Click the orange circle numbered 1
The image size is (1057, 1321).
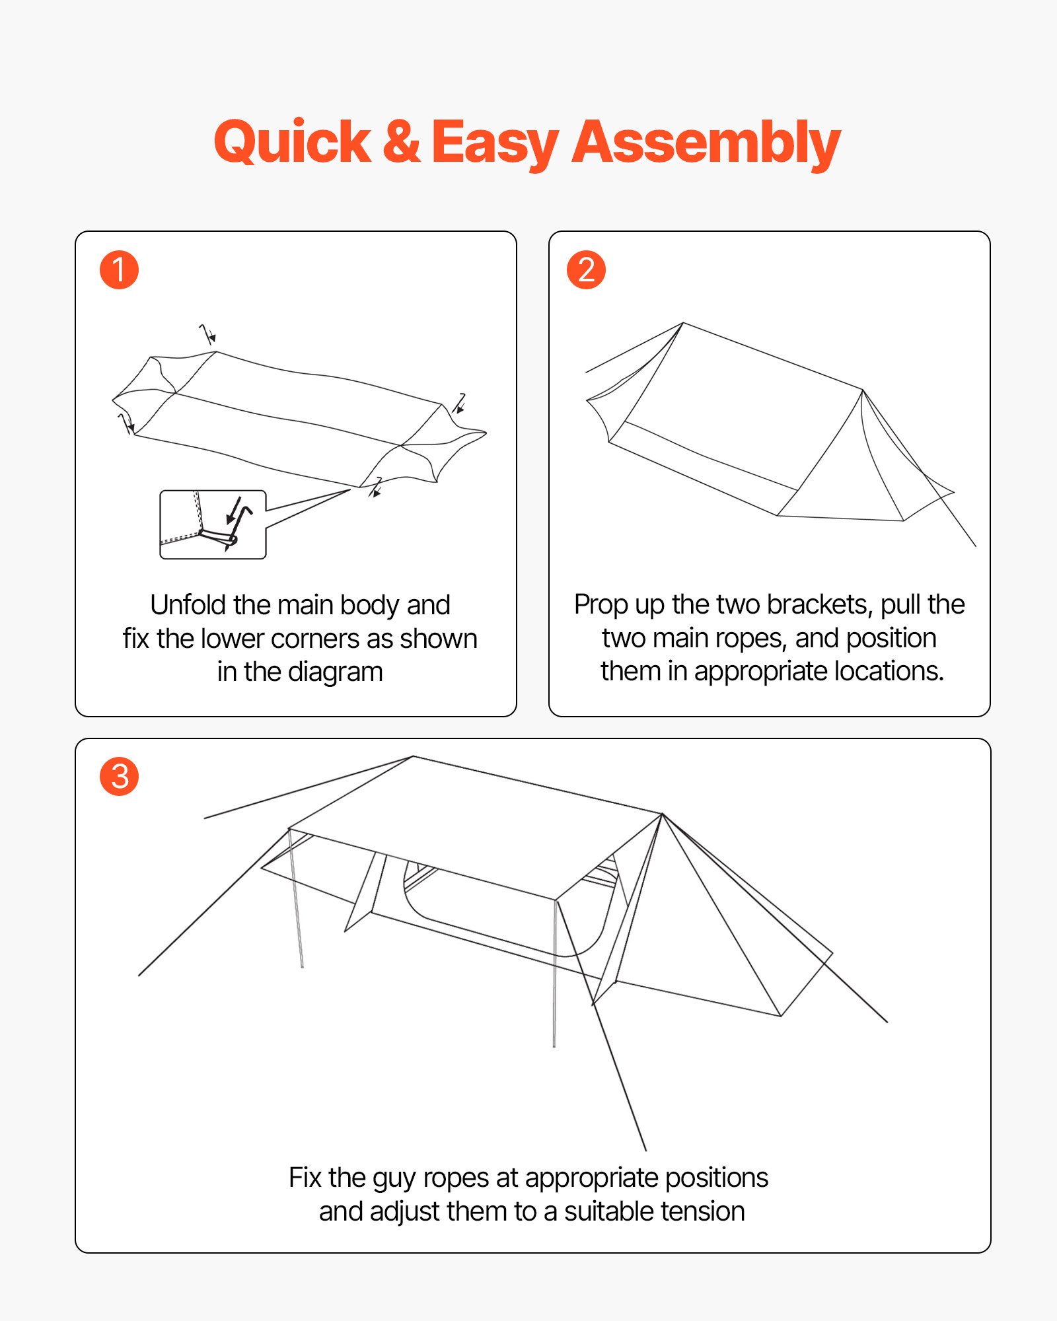(119, 270)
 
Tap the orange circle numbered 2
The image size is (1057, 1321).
(586, 270)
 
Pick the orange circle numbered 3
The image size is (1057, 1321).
(119, 777)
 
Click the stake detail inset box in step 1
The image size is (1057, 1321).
(213, 524)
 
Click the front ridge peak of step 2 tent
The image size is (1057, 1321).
(863, 390)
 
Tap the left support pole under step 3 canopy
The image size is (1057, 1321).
(296, 898)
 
